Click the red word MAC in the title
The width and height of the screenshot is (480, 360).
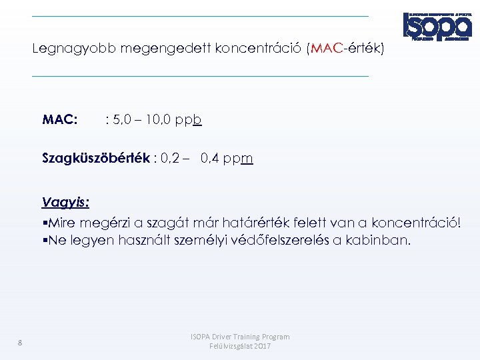325,49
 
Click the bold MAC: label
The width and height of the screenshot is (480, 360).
60,120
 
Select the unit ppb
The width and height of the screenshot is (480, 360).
189,121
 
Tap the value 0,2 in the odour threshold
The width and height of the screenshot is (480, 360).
169,159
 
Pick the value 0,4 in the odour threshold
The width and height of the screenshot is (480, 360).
211,159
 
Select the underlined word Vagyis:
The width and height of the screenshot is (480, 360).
65,202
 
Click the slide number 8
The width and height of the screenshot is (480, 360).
20,343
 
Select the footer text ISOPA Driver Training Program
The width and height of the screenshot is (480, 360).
240,337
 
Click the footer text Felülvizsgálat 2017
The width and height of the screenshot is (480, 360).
240,347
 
